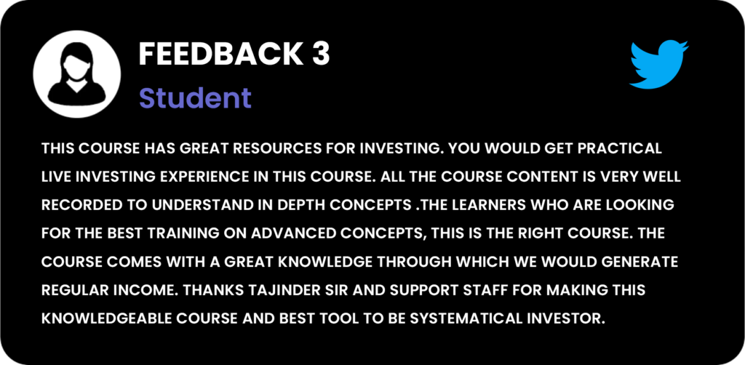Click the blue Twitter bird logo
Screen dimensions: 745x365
659,65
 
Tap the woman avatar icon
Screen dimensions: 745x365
76,73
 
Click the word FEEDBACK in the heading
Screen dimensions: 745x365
220,55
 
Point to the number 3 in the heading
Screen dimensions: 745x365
321,55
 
